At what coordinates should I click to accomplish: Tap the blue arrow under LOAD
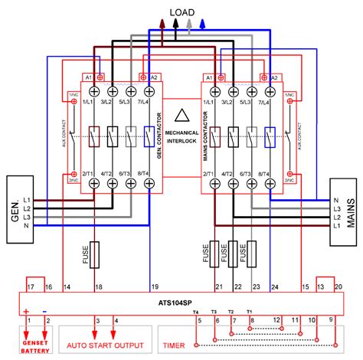tap(202, 23)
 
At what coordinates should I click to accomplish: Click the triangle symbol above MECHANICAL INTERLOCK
tap(181, 117)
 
